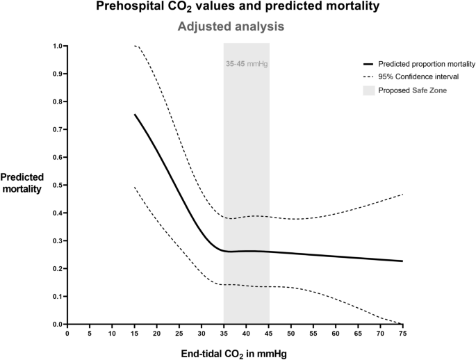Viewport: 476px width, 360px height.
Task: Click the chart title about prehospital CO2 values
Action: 238,8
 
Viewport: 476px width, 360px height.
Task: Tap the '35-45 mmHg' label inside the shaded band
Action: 246,63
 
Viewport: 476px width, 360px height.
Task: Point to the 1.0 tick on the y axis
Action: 58,46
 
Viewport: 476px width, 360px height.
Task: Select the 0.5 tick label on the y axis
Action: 58,185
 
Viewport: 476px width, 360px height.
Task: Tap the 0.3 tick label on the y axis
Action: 58,240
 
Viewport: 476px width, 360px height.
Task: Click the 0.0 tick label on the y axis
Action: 58,324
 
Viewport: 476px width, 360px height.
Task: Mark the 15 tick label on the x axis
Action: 134,333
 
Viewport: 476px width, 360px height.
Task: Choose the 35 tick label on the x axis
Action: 224,333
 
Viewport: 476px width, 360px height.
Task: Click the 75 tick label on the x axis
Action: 402,333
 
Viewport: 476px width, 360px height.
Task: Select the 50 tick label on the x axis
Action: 290,333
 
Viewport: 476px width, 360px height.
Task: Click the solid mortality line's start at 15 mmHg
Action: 134,115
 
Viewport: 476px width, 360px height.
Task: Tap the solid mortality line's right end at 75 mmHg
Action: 402,261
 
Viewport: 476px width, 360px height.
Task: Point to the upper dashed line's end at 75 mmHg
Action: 402,195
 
